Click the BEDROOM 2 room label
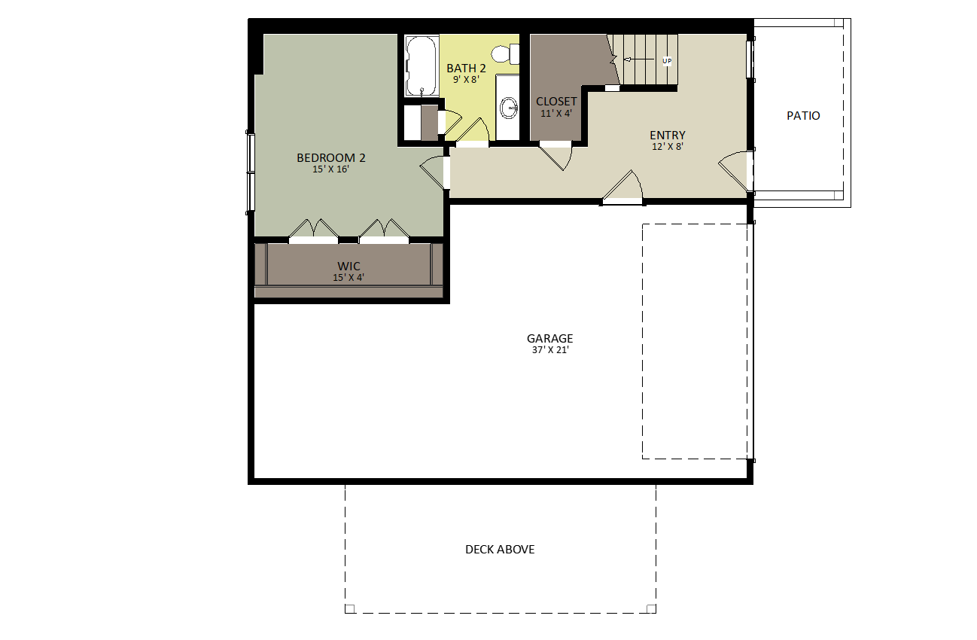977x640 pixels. click(x=331, y=157)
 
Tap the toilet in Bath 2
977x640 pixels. click(x=506, y=54)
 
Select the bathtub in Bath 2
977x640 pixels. click(x=422, y=66)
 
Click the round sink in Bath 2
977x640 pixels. click(x=508, y=108)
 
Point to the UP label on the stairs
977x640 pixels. click(x=667, y=61)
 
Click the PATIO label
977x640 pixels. click(x=803, y=116)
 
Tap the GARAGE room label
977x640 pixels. click(x=549, y=338)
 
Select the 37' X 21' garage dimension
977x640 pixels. click(x=550, y=350)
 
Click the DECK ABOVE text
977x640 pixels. click(x=500, y=549)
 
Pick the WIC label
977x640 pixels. click(x=348, y=266)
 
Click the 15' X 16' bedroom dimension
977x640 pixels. click(x=330, y=169)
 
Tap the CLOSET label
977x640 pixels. click(x=556, y=101)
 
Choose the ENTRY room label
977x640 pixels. click(x=668, y=136)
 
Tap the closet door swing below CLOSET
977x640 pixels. click(x=555, y=156)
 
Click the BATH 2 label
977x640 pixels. click(x=466, y=69)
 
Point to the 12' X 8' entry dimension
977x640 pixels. click(x=668, y=147)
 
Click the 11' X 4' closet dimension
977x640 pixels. click(x=556, y=114)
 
